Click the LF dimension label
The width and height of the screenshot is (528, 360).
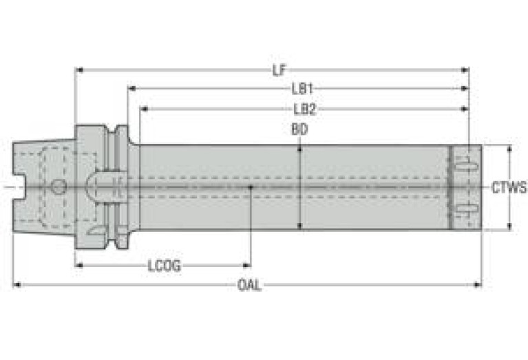279,70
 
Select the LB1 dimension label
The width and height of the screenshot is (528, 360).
302,89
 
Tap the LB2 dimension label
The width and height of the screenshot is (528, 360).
305,109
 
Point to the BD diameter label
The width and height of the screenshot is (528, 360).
299,129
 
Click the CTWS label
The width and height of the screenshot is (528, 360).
509,188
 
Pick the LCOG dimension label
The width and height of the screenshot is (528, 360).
164,266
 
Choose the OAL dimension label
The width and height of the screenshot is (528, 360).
249,285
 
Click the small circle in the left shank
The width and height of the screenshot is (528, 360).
59,187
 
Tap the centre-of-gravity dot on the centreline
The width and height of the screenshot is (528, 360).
251,187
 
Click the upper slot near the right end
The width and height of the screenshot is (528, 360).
467,167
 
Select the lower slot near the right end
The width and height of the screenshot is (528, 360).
467,209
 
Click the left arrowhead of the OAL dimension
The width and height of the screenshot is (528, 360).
17,285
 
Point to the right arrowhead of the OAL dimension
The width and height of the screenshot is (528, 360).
478,285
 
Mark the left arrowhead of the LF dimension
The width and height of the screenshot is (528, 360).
78,70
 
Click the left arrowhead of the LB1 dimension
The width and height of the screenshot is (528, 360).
131,89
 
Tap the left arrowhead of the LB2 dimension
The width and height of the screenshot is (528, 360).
144,109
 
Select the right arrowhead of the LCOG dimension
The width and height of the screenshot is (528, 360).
247,266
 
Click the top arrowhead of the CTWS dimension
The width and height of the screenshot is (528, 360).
509,149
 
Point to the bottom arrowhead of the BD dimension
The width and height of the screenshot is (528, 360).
299,226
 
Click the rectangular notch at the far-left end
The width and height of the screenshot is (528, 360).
19,187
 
